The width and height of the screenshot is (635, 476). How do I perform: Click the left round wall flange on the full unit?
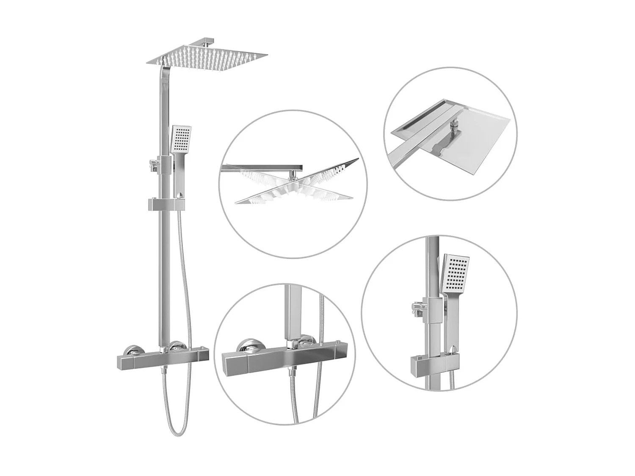click(133, 350)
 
